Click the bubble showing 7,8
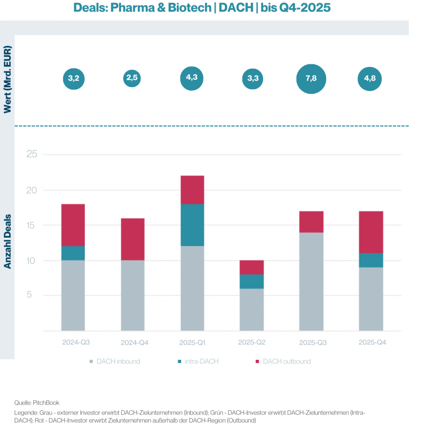[x=311, y=79]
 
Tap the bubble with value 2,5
[x=132, y=78]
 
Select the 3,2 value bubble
[x=73, y=78]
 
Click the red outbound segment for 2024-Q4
[x=133, y=239]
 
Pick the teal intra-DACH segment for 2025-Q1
[x=192, y=225]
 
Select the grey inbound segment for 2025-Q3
[x=311, y=281]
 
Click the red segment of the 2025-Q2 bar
[x=251, y=267]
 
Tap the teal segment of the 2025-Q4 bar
[x=371, y=260]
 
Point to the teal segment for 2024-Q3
[x=73, y=253]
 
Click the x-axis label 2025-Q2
[x=252, y=342]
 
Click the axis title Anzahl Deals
[x=8, y=241]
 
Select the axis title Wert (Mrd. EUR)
[x=8, y=79]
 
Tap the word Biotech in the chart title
[x=189, y=7]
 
